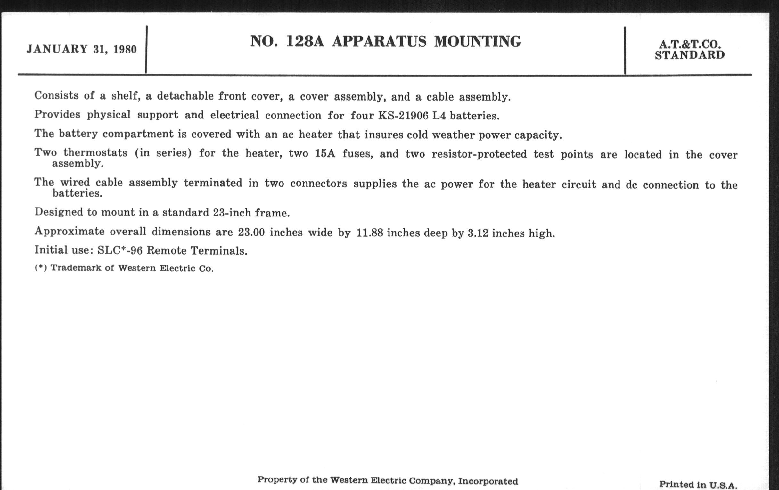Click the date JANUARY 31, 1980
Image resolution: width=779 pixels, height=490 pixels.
tap(82, 49)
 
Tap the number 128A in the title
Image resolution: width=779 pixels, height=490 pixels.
tap(305, 41)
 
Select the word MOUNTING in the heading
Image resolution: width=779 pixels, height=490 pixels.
tap(477, 42)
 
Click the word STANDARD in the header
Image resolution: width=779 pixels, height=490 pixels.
tap(690, 55)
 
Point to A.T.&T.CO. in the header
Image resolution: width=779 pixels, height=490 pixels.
tap(690, 44)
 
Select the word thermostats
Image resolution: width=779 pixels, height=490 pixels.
tap(95, 153)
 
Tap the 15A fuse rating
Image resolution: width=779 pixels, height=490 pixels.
tap(325, 153)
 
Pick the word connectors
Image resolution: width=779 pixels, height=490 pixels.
tap(318, 184)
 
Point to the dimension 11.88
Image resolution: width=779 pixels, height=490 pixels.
tap(369, 233)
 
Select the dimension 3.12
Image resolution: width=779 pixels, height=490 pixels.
tap(478, 233)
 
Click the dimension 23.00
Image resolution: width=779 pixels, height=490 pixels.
tap(251, 232)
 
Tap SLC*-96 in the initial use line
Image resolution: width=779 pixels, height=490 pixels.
tap(120, 250)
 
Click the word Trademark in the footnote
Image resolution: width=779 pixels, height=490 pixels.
tap(76, 268)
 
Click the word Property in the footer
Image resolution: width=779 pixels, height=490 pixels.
tap(277, 479)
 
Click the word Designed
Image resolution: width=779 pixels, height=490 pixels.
tap(59, 212)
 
